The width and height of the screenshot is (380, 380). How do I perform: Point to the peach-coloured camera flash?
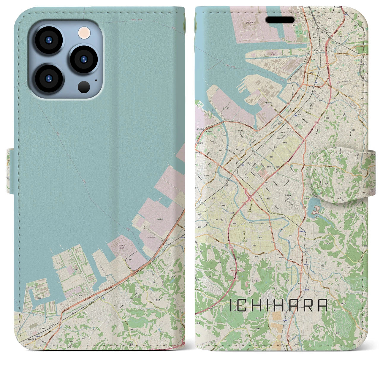click(84, 32)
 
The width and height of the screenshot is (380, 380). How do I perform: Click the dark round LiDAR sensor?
click(84, 87)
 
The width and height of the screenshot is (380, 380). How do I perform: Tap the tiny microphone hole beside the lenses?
click(96, 80)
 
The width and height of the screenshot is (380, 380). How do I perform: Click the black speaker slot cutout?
click(280, 20)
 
